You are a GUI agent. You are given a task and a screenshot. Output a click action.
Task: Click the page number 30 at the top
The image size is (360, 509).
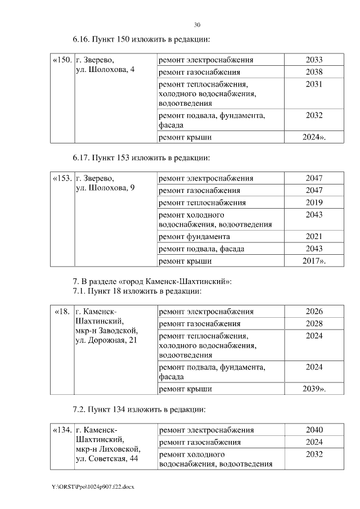coord(197,25)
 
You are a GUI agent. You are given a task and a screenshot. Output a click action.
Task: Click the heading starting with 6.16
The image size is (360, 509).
coord(141,40)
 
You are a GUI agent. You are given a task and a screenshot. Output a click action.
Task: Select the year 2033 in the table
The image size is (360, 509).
coord(314,60)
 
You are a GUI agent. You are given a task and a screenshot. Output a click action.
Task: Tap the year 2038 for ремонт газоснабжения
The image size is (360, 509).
coord(314,72)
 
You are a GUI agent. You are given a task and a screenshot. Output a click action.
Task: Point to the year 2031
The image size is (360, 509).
coord(314,84)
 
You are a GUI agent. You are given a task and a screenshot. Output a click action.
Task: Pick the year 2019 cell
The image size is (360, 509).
coord(314,202)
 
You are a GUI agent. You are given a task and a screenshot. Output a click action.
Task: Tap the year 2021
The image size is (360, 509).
coord(314,237)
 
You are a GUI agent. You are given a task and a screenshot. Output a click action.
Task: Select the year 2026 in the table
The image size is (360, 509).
coord(314,312)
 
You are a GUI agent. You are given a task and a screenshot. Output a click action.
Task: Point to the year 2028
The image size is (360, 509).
coord(314,323)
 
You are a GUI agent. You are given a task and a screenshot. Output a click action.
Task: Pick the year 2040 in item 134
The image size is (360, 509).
coord(314,430)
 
